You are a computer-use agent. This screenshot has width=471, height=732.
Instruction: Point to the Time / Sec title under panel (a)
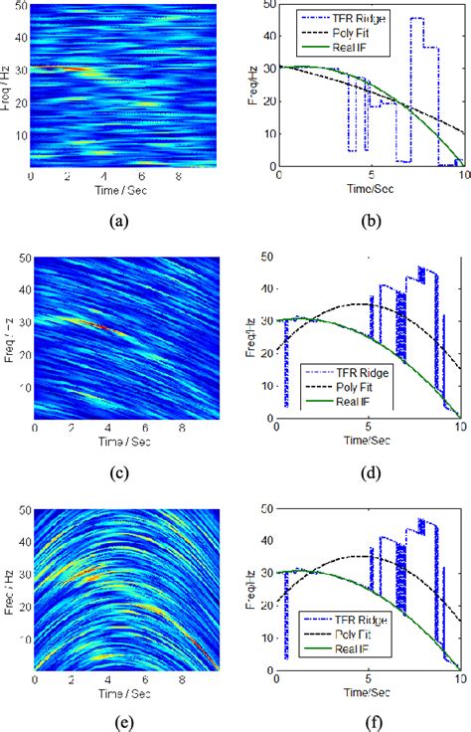pyautogui.click(x=124, y=188)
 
